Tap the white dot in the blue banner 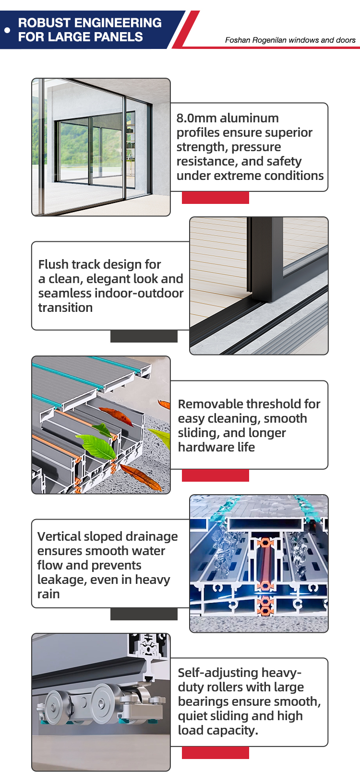coord(7,30)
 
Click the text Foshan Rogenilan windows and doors coord(290,40)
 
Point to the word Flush coord(54,264)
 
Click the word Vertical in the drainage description coord(59,536)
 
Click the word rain coord(48,594)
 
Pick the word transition coord(65,308)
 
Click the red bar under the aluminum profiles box coord(215,198)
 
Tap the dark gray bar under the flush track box coord(144,336)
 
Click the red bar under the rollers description coord(215,753)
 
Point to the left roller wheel coord(58,707)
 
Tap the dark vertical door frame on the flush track coord(263,259)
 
